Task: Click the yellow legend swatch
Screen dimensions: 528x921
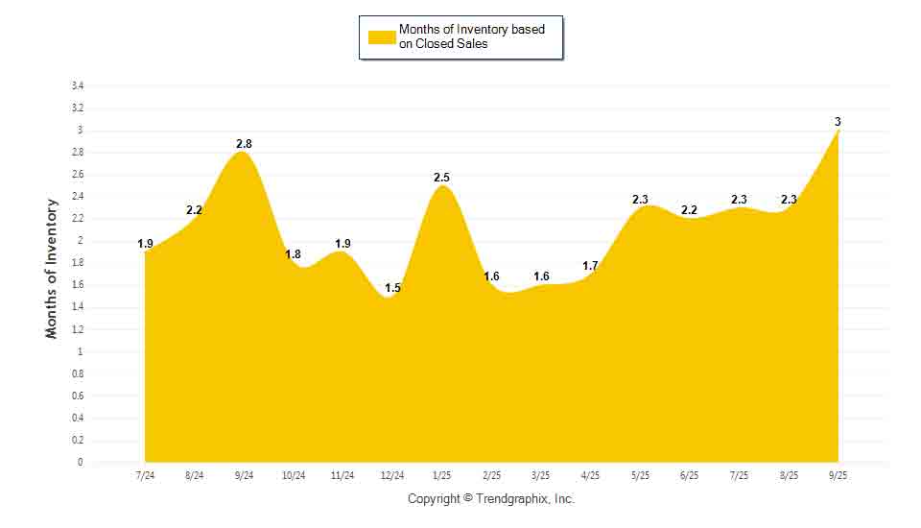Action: click(x=382, y=36)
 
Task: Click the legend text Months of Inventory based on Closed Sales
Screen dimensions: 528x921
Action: click(x=471, y=36)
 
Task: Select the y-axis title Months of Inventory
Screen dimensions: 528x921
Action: click(x=52, y=268)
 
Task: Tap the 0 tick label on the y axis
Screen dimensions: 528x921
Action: click(x=81, y=463)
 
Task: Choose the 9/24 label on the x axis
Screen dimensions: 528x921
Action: click(x=244, y=476)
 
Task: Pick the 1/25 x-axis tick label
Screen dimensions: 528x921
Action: click(x=442, y=476)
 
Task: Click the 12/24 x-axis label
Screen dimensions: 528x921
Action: click(x=392, y=476)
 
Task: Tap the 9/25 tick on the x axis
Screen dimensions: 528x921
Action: click(x=838, y=476)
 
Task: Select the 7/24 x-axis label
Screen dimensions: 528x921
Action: click(x=145, y=476)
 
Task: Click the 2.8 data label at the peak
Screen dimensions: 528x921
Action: click(x=244, y=144)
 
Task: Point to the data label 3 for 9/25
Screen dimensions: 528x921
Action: click(x=838, y=122)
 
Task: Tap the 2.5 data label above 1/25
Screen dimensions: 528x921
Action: click(x=441, y=178)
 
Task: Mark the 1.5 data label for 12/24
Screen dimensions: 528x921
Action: click(x=392, y=288)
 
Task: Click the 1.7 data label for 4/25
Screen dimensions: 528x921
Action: click(x=591, y=266)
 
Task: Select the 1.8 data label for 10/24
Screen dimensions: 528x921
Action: click(x=294, y=254)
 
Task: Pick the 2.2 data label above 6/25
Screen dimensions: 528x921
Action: click(x=689, y=210)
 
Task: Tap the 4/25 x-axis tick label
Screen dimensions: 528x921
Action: click(x=591, y=476)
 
